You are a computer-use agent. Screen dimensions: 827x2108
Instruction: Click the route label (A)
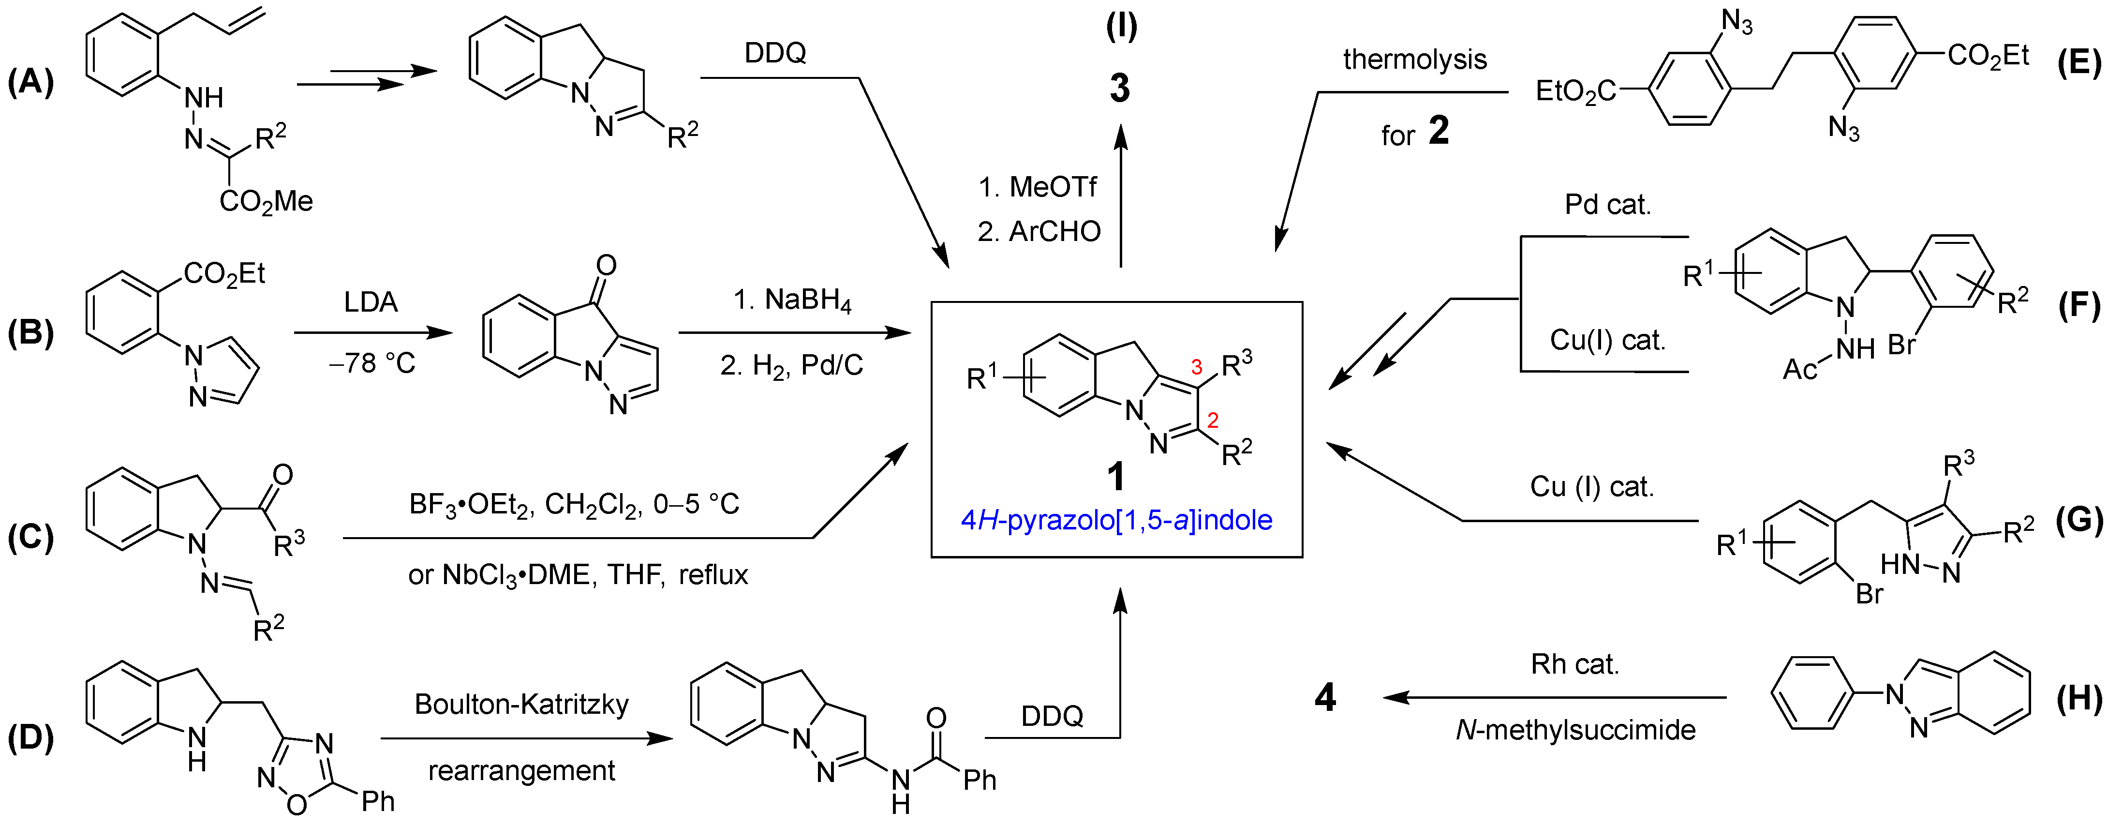pyautogui.click(x=30, y=83)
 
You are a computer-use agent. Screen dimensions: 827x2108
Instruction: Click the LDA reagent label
pyautogui.click(x=371, y=302)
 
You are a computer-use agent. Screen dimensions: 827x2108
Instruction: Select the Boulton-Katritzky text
pyautogui.click(x=521, y=704)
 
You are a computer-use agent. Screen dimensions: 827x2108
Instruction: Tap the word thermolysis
pyautogui.click(x=1415, y=60)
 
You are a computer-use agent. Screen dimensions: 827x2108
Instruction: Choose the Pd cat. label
pyautogui.click(x=1608, y=205)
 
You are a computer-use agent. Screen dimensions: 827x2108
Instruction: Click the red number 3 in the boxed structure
pyautogui.click(x=1196, y=367)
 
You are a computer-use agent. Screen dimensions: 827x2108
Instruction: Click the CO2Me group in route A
pyautogui.click(x=266, y=201)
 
